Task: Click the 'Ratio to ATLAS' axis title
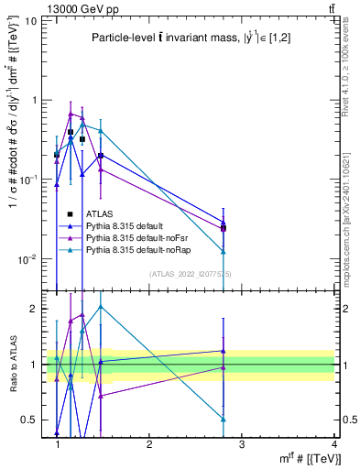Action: click(x=12, y=365)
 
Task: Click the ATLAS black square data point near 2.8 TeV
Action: click(x=224, y=228)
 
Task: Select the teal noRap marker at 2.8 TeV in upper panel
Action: click(x=224, y=251)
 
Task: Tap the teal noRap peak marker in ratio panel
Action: click(x=101, y=307)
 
